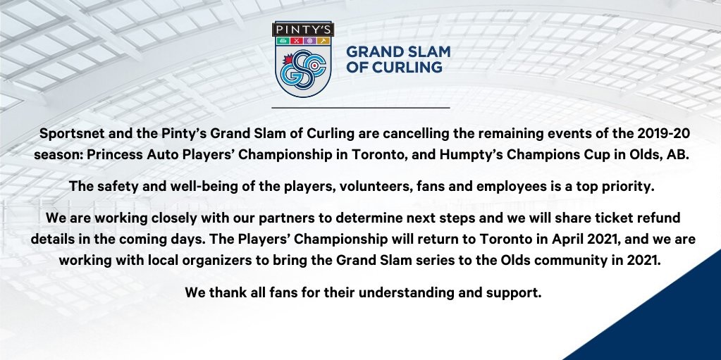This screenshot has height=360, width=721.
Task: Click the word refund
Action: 658,218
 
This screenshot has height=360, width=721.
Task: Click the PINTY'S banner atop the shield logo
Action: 303,29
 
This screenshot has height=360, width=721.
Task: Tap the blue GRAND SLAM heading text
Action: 398,51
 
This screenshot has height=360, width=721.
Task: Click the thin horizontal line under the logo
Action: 361,108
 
